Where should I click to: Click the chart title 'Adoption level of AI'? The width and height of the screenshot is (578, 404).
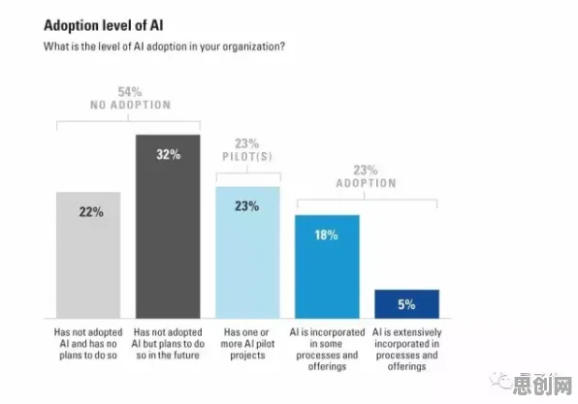(x=103, y=25)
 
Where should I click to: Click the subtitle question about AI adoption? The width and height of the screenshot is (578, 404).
(x=164, y=47)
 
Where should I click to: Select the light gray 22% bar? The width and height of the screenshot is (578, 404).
(x=88, y=255)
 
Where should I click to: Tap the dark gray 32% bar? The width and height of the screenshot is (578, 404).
(x=168, y=227)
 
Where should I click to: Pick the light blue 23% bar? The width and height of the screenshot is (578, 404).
(x=247, y=252)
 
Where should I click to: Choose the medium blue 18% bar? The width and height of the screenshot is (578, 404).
(x=327, y=266)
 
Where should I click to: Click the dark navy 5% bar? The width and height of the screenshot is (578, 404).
(x=407, y=304)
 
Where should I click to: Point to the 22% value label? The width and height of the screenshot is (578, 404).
(x=91, y=212)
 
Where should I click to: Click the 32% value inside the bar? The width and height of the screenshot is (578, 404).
(x=169, y=154)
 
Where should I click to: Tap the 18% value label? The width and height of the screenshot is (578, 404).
(x=326, y=235)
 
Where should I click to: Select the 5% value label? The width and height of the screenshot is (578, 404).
(x=406, y=304)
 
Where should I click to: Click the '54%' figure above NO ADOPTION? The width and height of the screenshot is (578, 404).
(x=130, y=92)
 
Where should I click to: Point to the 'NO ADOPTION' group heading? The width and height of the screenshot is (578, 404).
(x=131, y=105)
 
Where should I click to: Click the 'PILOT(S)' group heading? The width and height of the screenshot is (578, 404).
(x=247, y=157)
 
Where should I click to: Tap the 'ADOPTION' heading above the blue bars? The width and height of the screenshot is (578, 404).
(x=366, y=183)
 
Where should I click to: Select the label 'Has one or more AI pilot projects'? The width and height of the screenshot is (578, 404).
(x=247, y=344)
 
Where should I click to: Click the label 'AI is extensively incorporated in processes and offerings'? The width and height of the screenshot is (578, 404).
(x=407, y=349)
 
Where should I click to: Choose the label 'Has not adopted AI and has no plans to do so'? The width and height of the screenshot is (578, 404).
(x=88, y=344)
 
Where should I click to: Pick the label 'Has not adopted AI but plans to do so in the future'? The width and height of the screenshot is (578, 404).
(x=168, y=344)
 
